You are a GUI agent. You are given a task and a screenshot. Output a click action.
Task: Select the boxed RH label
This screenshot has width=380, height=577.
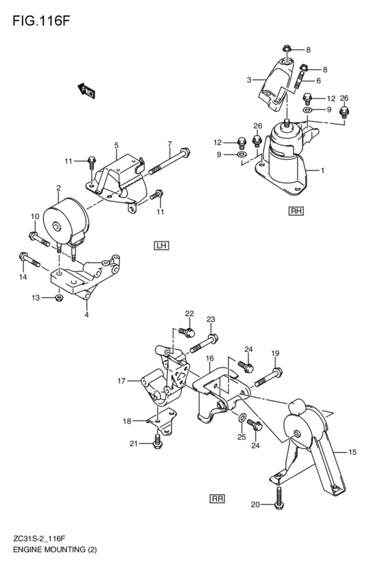pyautogui.click(x=296, y=211)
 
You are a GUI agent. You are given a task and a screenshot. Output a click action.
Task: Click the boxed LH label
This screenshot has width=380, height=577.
pyautogui.click(x=161, y=245)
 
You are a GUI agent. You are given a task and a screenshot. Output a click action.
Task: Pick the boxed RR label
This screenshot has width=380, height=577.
pyautogui.click(x=217, y=498)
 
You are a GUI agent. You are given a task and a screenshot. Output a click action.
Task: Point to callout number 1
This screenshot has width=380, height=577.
pyautogui.click(x=322, y=171)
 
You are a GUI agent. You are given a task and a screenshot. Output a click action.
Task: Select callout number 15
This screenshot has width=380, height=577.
pyautogui.click(x=352, y=452)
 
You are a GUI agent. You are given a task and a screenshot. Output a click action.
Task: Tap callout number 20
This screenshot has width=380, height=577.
pyautogui.click(x=255, y=504)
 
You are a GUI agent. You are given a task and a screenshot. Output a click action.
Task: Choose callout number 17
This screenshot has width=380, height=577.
pyautogui.click(x=121, y=381)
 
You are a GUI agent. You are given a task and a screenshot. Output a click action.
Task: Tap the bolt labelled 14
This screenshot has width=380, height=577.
pyautogui.click(x=31, y=260)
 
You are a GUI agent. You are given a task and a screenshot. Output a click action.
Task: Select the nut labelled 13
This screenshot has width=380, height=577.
pyautogui.click(x=59, y=297)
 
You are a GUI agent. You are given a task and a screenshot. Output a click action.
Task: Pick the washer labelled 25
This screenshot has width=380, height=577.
pyautogui.click(x=242, y=416)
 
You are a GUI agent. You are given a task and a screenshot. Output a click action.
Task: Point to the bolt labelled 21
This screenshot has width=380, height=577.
pyautogui.click(x=157, y=443)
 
